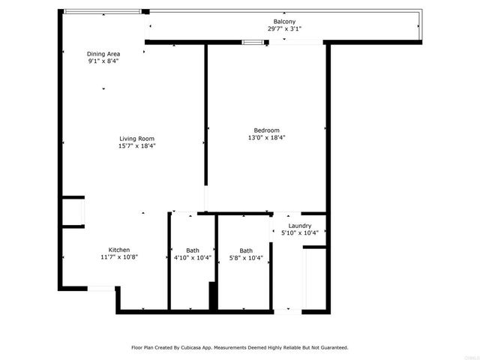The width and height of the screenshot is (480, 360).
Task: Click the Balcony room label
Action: (x=283, y=22)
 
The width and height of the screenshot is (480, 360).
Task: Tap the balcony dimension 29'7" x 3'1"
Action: (x=283, y=28)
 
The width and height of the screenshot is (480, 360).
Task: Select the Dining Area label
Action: (x=103, y=54)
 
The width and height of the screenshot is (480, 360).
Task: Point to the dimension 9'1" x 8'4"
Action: (x=103, y=61)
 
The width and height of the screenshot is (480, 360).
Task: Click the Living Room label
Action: (x=136, y=138)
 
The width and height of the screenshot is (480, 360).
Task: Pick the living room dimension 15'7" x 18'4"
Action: (x=136, y=145)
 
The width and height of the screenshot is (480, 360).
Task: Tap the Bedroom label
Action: (x=266, y=130)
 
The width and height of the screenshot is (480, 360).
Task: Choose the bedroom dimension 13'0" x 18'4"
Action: (x=266, y=137)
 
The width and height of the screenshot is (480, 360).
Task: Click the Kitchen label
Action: (x=119, y=250)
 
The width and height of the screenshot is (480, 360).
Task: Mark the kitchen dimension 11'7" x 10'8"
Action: (x=119, y=257)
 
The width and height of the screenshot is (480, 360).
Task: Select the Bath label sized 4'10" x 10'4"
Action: (x=193, y=250)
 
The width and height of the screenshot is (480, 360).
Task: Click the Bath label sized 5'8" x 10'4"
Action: (x=245, y=250)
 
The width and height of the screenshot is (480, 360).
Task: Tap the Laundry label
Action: (x=300, y=226)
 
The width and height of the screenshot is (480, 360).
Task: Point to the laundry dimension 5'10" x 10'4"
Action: (x=300, y=232)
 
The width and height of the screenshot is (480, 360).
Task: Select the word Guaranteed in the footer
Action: (x=331, y=347)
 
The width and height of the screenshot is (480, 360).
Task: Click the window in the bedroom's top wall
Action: (x=253, y=41)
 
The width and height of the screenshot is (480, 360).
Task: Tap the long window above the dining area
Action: (x=102, y=10)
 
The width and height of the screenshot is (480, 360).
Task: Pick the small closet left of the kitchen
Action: (x=73, y=211)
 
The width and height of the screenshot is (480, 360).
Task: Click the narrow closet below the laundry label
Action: (x=314, y=277)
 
